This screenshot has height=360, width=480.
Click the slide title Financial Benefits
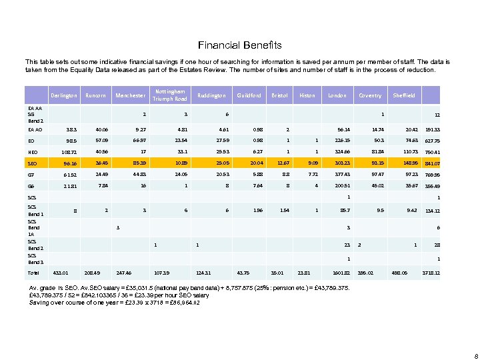click(239, 45)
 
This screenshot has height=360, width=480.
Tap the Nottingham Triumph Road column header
click(169, 95)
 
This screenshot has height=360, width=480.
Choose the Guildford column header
click(249, 95)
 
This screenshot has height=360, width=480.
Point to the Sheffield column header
click(404, 95)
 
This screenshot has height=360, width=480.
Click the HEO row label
click(33, 152)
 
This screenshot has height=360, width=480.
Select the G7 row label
click(31, 175)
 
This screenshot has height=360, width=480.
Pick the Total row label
click(33, 272)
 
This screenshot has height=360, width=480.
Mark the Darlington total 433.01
click(61, 272)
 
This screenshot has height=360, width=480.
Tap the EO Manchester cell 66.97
click(138, 140)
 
